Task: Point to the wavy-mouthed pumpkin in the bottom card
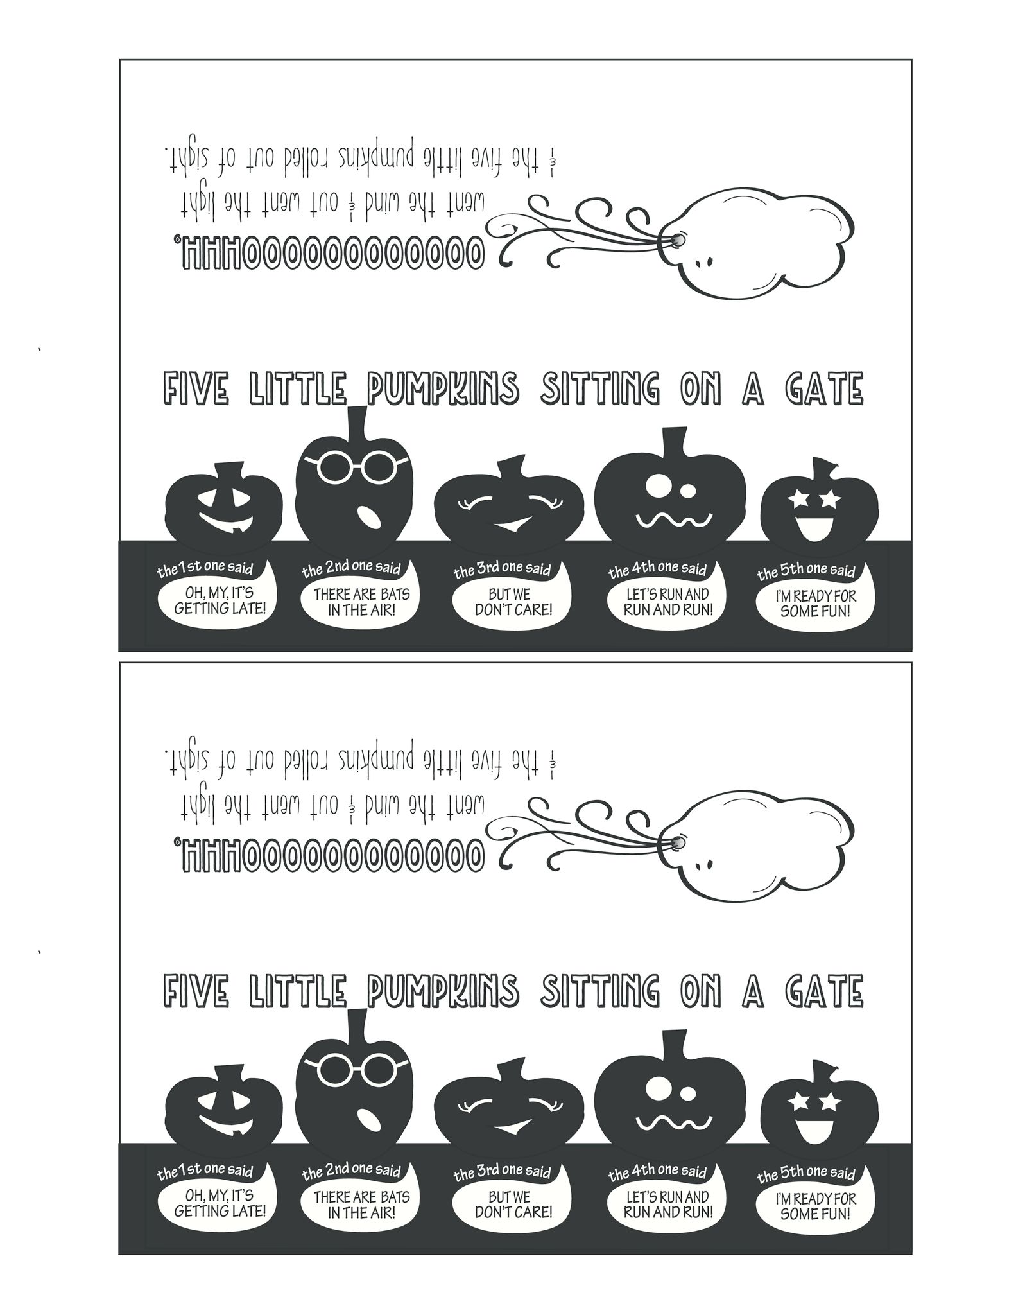click(x=670, y=1101)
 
